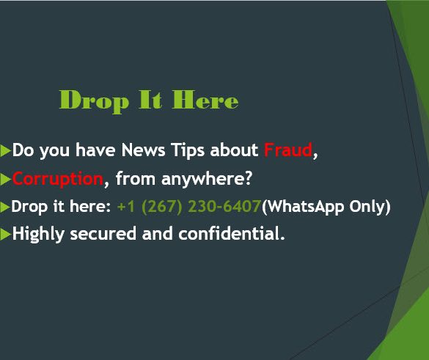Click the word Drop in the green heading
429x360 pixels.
tap(94, 101)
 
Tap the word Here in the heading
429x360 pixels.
tap(205, 100)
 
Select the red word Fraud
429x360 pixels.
tap(288, 150)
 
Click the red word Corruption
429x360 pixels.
tap(58, 179)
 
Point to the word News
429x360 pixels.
tap(143, 150)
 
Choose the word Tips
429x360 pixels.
tap(188, 151)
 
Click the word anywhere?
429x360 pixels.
tap(207, 180)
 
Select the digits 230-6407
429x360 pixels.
tap(224, 207)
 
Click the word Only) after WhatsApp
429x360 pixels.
tap(370, 207)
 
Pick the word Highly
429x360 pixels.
tap(38, 235)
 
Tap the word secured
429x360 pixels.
tap(103, 234)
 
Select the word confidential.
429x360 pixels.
tap(232, 234)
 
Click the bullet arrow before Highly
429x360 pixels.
tap(5, 235)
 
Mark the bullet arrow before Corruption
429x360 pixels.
tap(5, 180)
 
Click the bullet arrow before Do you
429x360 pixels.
tap(5, 151)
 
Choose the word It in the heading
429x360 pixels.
tap(150, 100)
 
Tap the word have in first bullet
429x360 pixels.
tap(95, 150)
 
